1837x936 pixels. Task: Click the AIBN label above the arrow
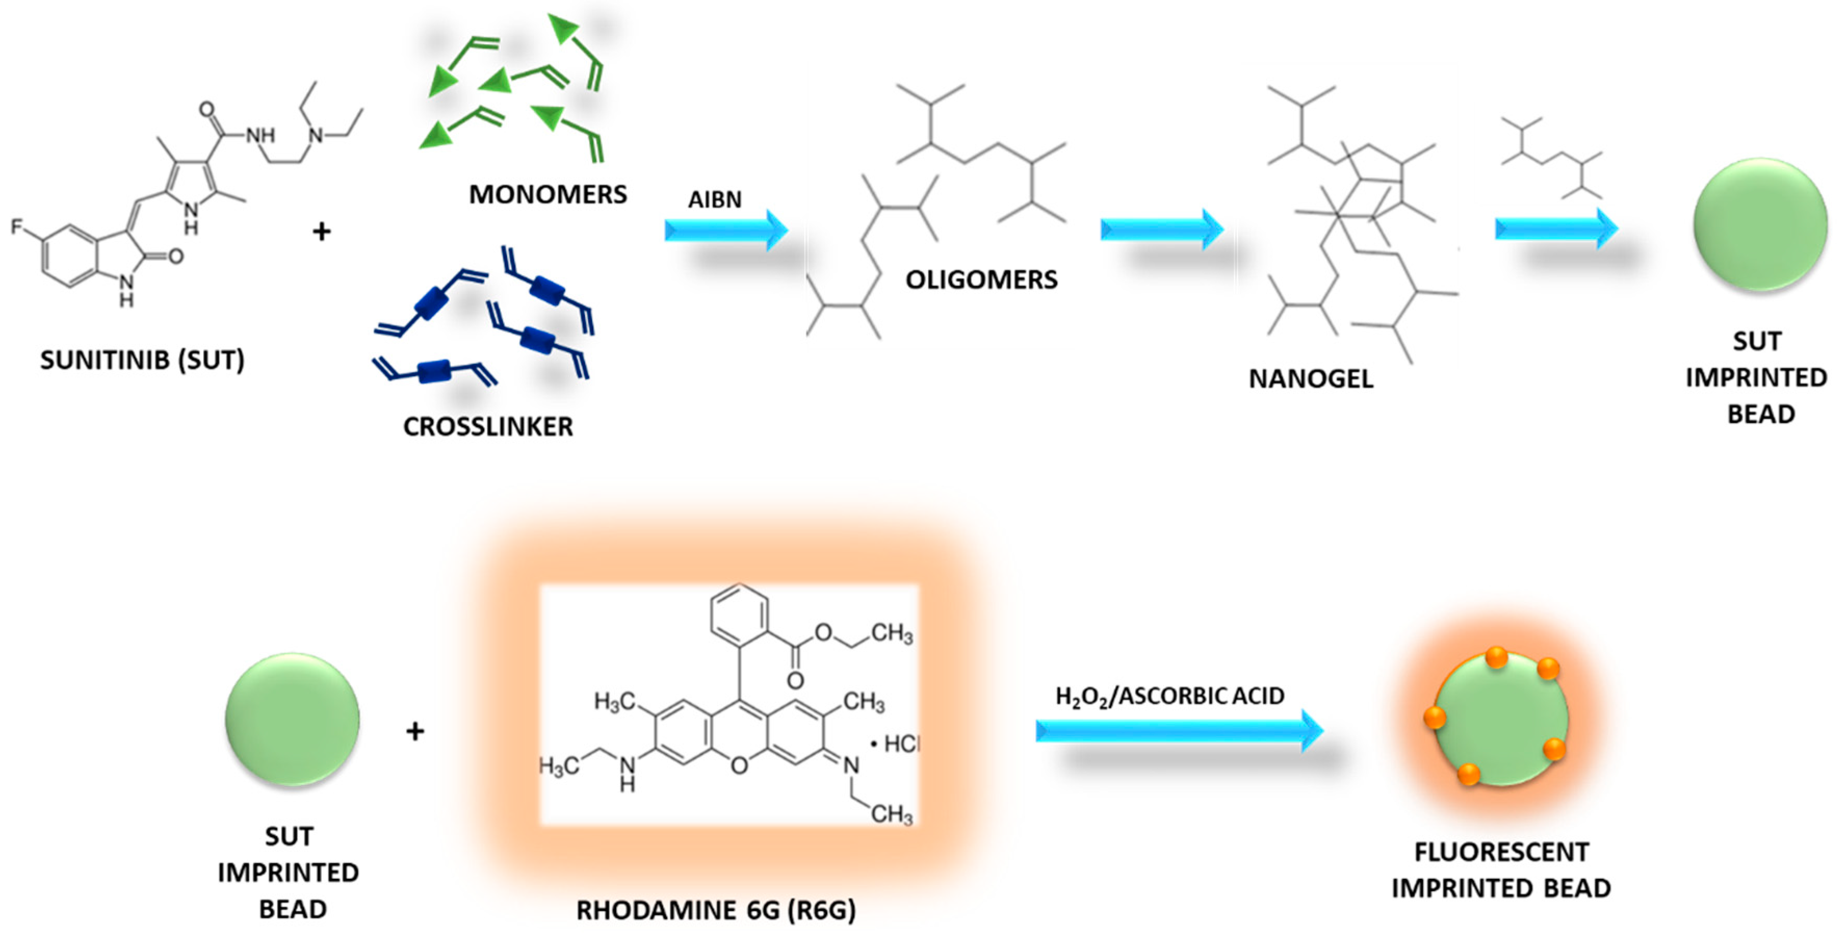tap(714, 199)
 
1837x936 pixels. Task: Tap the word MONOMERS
tap(548, 194)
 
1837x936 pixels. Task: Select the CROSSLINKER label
tap(488, 426)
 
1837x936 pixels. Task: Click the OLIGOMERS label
tap(981, 280)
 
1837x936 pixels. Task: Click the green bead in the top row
tap(1760, 225)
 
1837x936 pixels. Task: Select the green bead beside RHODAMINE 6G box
tap(292, 720)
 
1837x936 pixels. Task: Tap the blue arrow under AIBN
tap(725, 230)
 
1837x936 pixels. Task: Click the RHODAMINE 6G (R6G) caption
tap(716, 911)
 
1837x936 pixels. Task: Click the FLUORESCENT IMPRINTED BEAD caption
tap(1501, 869)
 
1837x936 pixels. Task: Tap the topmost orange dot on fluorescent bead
tap(1496, 656)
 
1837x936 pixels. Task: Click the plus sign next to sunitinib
tap(322, 231)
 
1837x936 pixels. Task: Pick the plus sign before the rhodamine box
tap(415, 731)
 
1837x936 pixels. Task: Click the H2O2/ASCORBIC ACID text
tap(1169, 696)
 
